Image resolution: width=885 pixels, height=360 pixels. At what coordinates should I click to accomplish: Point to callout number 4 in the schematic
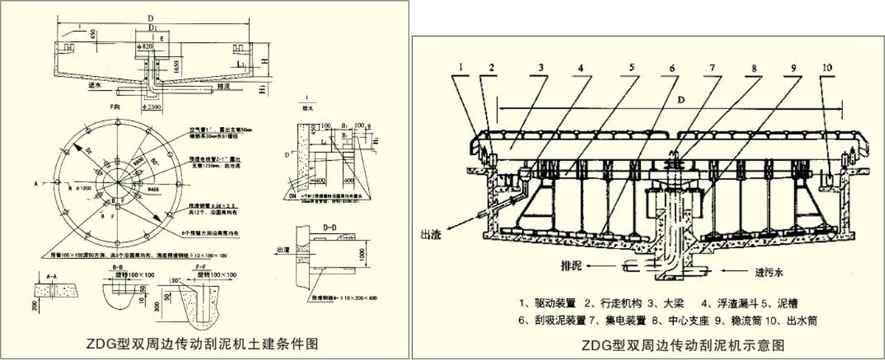point(580,68)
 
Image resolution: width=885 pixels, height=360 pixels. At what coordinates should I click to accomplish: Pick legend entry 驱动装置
point(549,303)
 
